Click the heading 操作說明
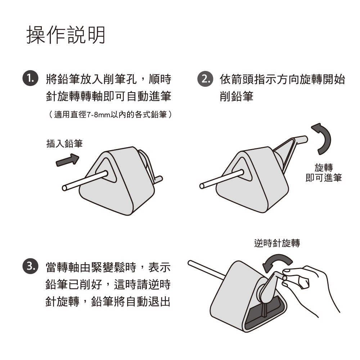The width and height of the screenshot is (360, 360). point(66,35)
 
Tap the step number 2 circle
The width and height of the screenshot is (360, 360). point(205,79)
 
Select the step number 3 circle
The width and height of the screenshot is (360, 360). point(30,266)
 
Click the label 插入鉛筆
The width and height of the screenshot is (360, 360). point(64,144)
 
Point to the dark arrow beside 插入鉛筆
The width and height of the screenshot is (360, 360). point(68,160)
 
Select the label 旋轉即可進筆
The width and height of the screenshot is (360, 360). point(324,172)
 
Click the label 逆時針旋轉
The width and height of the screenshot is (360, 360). point(277,243)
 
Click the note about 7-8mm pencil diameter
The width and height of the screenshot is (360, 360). point(110,114)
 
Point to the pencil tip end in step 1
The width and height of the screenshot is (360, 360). point(64,188)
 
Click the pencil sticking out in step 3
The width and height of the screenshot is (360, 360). point(206,270)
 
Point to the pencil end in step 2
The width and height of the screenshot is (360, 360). point(202,186)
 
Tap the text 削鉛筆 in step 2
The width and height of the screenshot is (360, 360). point(237,96)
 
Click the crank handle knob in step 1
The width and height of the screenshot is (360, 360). point(159,180)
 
